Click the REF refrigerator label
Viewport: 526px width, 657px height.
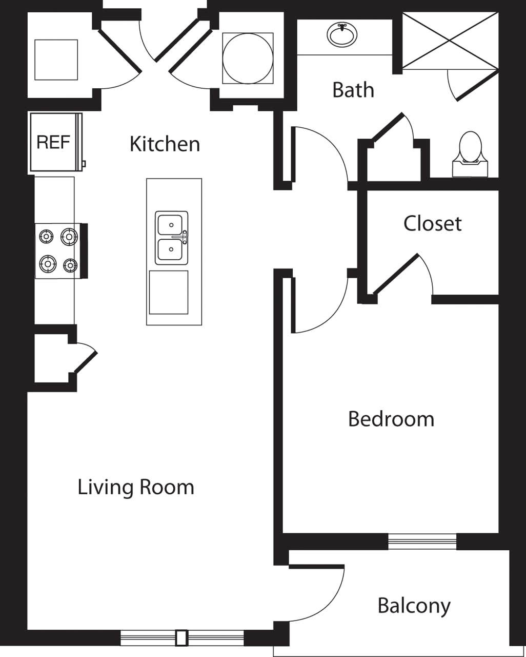(53, 142)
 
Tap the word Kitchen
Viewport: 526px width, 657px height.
(165, 144)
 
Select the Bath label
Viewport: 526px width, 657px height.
(353, 90)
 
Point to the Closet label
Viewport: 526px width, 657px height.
(432, 223)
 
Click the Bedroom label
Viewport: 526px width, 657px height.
(391, 419)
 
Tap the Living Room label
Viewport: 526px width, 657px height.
(136, 487)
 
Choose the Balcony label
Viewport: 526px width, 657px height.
(414, 606)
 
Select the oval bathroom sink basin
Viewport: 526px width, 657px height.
(342, 35)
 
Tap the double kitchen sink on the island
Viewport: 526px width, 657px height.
(171, 238)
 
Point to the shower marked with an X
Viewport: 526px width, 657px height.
(450, 40)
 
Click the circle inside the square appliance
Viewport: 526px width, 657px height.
(248, 58)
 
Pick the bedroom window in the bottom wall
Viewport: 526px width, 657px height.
(422, 541)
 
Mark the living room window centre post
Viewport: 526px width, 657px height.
(181, 637)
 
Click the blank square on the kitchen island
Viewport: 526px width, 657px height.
(168, 292)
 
